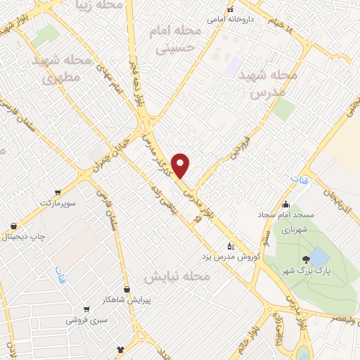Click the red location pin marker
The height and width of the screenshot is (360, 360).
click(x=181, y=165)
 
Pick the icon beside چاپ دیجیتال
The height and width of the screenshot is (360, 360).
click(x=13, y=226)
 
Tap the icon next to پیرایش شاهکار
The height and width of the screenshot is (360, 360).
click(x=127, y=289)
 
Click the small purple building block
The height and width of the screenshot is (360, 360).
click(x=233, y=67)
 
